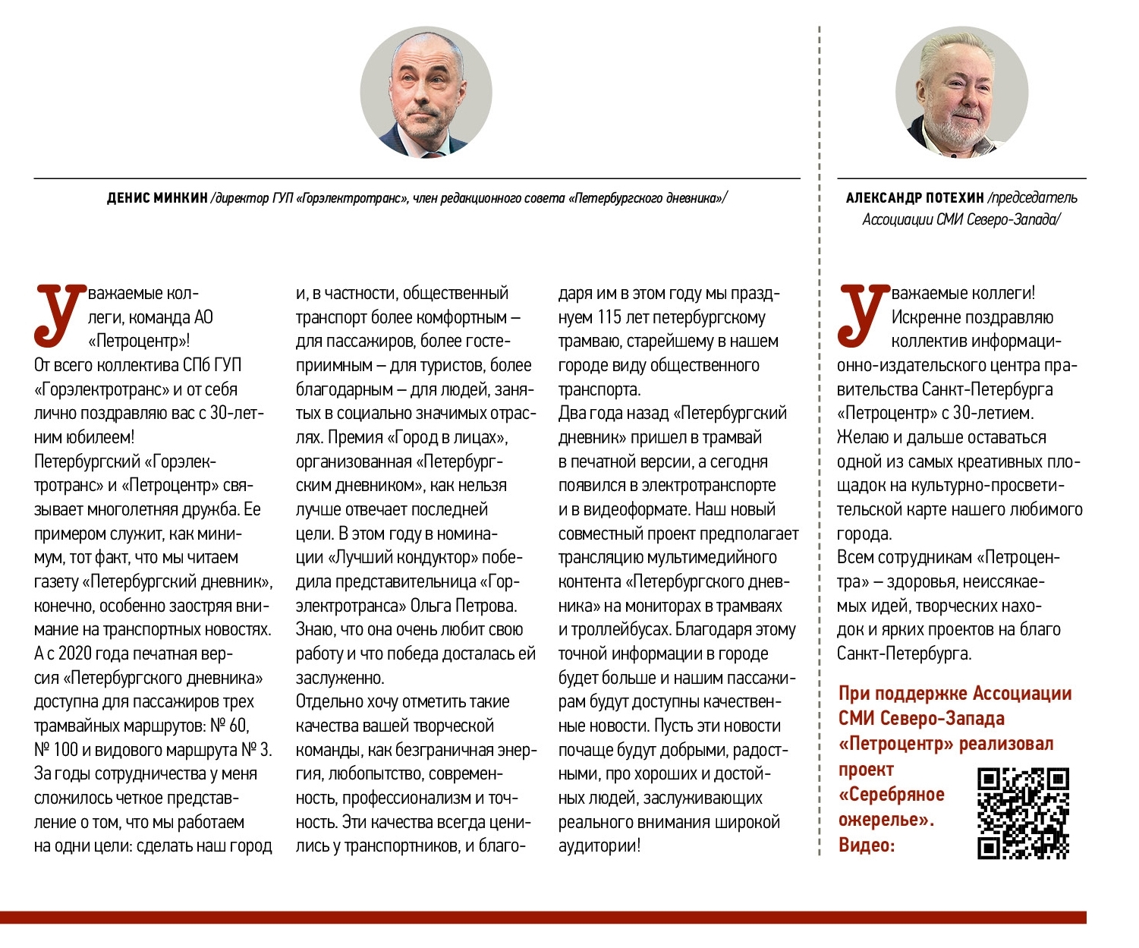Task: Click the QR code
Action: click(1023, 813)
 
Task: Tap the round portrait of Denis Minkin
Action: click(426, 93)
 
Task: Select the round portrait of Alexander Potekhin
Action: click(961, 93)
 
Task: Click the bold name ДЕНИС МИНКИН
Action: click(157, 199)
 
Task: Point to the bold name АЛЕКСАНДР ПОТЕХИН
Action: click(914, 198)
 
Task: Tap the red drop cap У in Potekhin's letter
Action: click(863, 314)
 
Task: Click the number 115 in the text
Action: click(609, 317)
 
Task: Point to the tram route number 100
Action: click(65, 750)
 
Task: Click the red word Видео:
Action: click(867, 845)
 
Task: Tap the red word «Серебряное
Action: click(891, 795)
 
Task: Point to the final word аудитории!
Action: click(599, 846)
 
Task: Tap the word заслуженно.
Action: click(340, 678)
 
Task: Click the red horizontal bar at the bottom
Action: click(543, 917)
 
